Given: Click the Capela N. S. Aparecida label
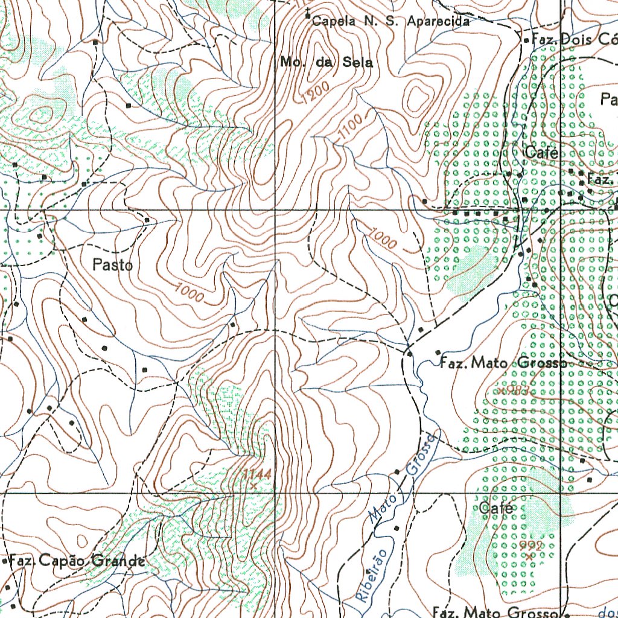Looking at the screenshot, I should [390, 21].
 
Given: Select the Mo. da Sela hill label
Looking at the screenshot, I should [327, 62].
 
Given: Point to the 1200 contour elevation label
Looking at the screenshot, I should [315, 92].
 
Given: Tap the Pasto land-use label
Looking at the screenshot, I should [113, 264].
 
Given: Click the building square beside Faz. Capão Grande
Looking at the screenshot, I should [5, 561].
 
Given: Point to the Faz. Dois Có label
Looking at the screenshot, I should [573, 40].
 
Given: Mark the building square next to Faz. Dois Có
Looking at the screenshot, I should [526, 40].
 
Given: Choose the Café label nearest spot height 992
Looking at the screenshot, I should [496, 508].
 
